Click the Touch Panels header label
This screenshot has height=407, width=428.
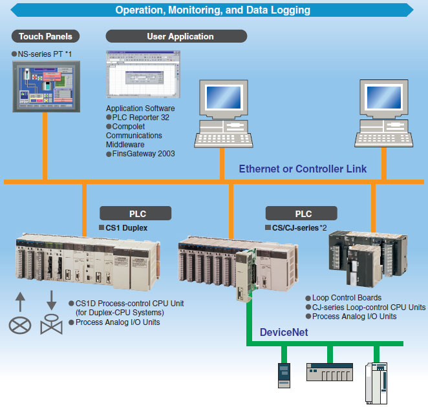point(45,36)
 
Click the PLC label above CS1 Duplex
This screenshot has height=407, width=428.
point(135,213)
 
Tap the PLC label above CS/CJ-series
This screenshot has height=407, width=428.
point(302,213)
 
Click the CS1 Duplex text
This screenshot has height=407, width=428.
point(127,228)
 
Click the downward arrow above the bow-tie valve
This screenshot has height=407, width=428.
point(50,300)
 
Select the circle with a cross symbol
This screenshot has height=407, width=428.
point(19,324)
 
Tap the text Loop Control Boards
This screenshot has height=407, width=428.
point(347,298)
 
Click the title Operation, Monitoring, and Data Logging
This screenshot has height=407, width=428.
point(213,10)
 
